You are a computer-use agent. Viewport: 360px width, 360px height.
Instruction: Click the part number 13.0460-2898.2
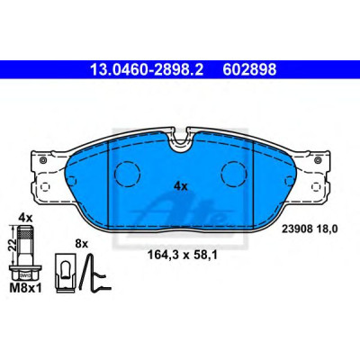pyautogui.click(x=147, y=70)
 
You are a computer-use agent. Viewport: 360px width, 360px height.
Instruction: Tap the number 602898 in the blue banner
pyautogui.click(x=249, y=70)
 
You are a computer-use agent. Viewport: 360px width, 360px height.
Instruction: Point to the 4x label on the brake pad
pyautogui.click(x=181, y=187)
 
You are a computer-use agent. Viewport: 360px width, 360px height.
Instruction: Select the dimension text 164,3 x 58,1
pyautogui.click(x=182, y=256)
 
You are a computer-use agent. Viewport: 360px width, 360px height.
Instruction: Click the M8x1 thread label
pyautogui.click(x=26, y=288)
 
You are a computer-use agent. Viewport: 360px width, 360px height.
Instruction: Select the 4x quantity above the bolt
pyautogui.click(x=25, y=218)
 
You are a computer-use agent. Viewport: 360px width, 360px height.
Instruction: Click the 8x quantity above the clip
pyautogui.click(x=81, y=244)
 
